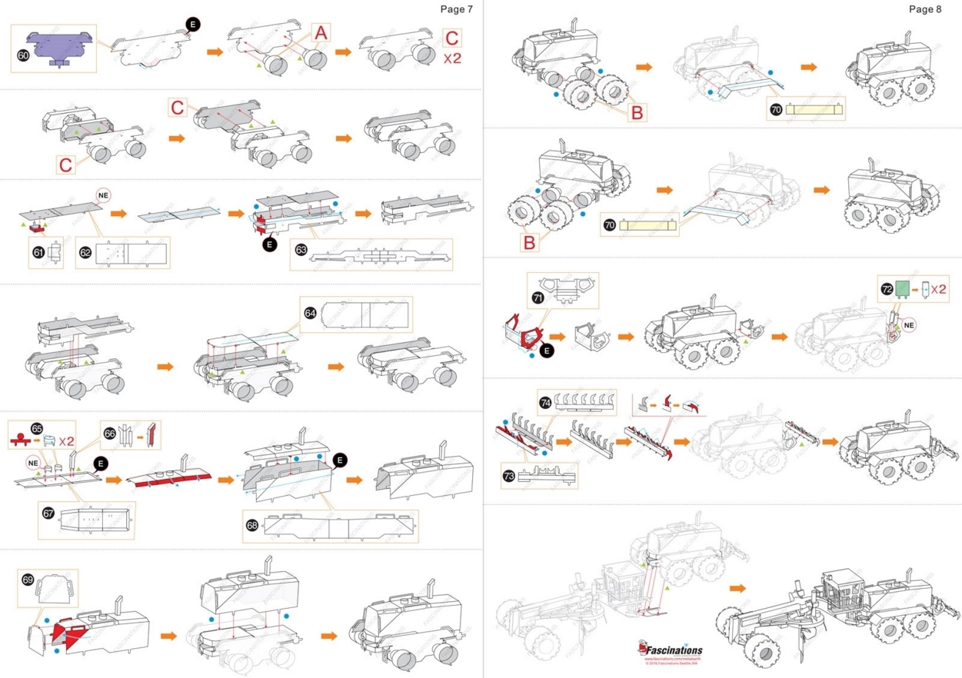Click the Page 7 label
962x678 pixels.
pos(456,9)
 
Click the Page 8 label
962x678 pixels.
pos(924,9)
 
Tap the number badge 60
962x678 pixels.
pos(23,55)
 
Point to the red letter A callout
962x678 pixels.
pos(321,32)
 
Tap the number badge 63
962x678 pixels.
pos(301,249)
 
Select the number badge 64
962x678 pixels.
pos(310,313)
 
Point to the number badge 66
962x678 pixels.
pos(109,433)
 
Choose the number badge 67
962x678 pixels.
pos(48,513)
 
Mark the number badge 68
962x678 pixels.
pos(251,525)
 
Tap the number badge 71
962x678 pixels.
pos(537,296)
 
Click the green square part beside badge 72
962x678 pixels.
pos(903,289)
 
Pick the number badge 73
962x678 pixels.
pos(508,476)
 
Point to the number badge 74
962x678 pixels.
pos(545,402)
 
